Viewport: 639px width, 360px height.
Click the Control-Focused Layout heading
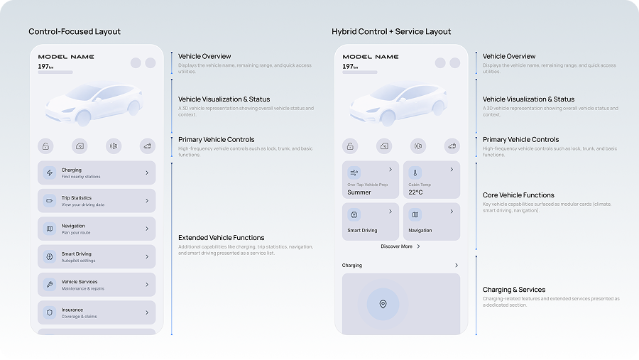click(75, 32)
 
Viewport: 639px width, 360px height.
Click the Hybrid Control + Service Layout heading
click(391, 32)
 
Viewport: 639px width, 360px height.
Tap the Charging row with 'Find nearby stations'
click(97, 173)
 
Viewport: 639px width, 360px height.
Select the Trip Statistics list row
click(97, 201)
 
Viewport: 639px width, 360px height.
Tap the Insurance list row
click(97, 312)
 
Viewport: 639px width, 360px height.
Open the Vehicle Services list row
click(97, 285)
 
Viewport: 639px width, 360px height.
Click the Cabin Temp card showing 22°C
click(431, 180)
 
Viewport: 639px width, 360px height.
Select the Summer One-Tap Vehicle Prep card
click(371, 180)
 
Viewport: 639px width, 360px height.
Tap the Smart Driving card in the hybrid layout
click(371, 222)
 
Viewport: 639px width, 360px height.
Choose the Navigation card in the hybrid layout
click(431, 222)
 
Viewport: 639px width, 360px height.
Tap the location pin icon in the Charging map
click(383, 304)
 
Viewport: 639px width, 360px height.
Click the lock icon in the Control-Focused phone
click(45, 146)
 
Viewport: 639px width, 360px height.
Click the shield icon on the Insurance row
click(49, 312)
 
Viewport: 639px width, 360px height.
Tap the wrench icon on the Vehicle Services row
click(49, 285)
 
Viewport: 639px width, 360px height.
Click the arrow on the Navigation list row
click(147, 229)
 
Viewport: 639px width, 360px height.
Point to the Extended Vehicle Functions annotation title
click(221, 238)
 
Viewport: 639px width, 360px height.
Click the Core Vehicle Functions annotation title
click(518, 195)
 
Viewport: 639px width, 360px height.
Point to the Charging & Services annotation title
click(514, 290)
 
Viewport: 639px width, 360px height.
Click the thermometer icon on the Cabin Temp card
click(415, 173)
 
